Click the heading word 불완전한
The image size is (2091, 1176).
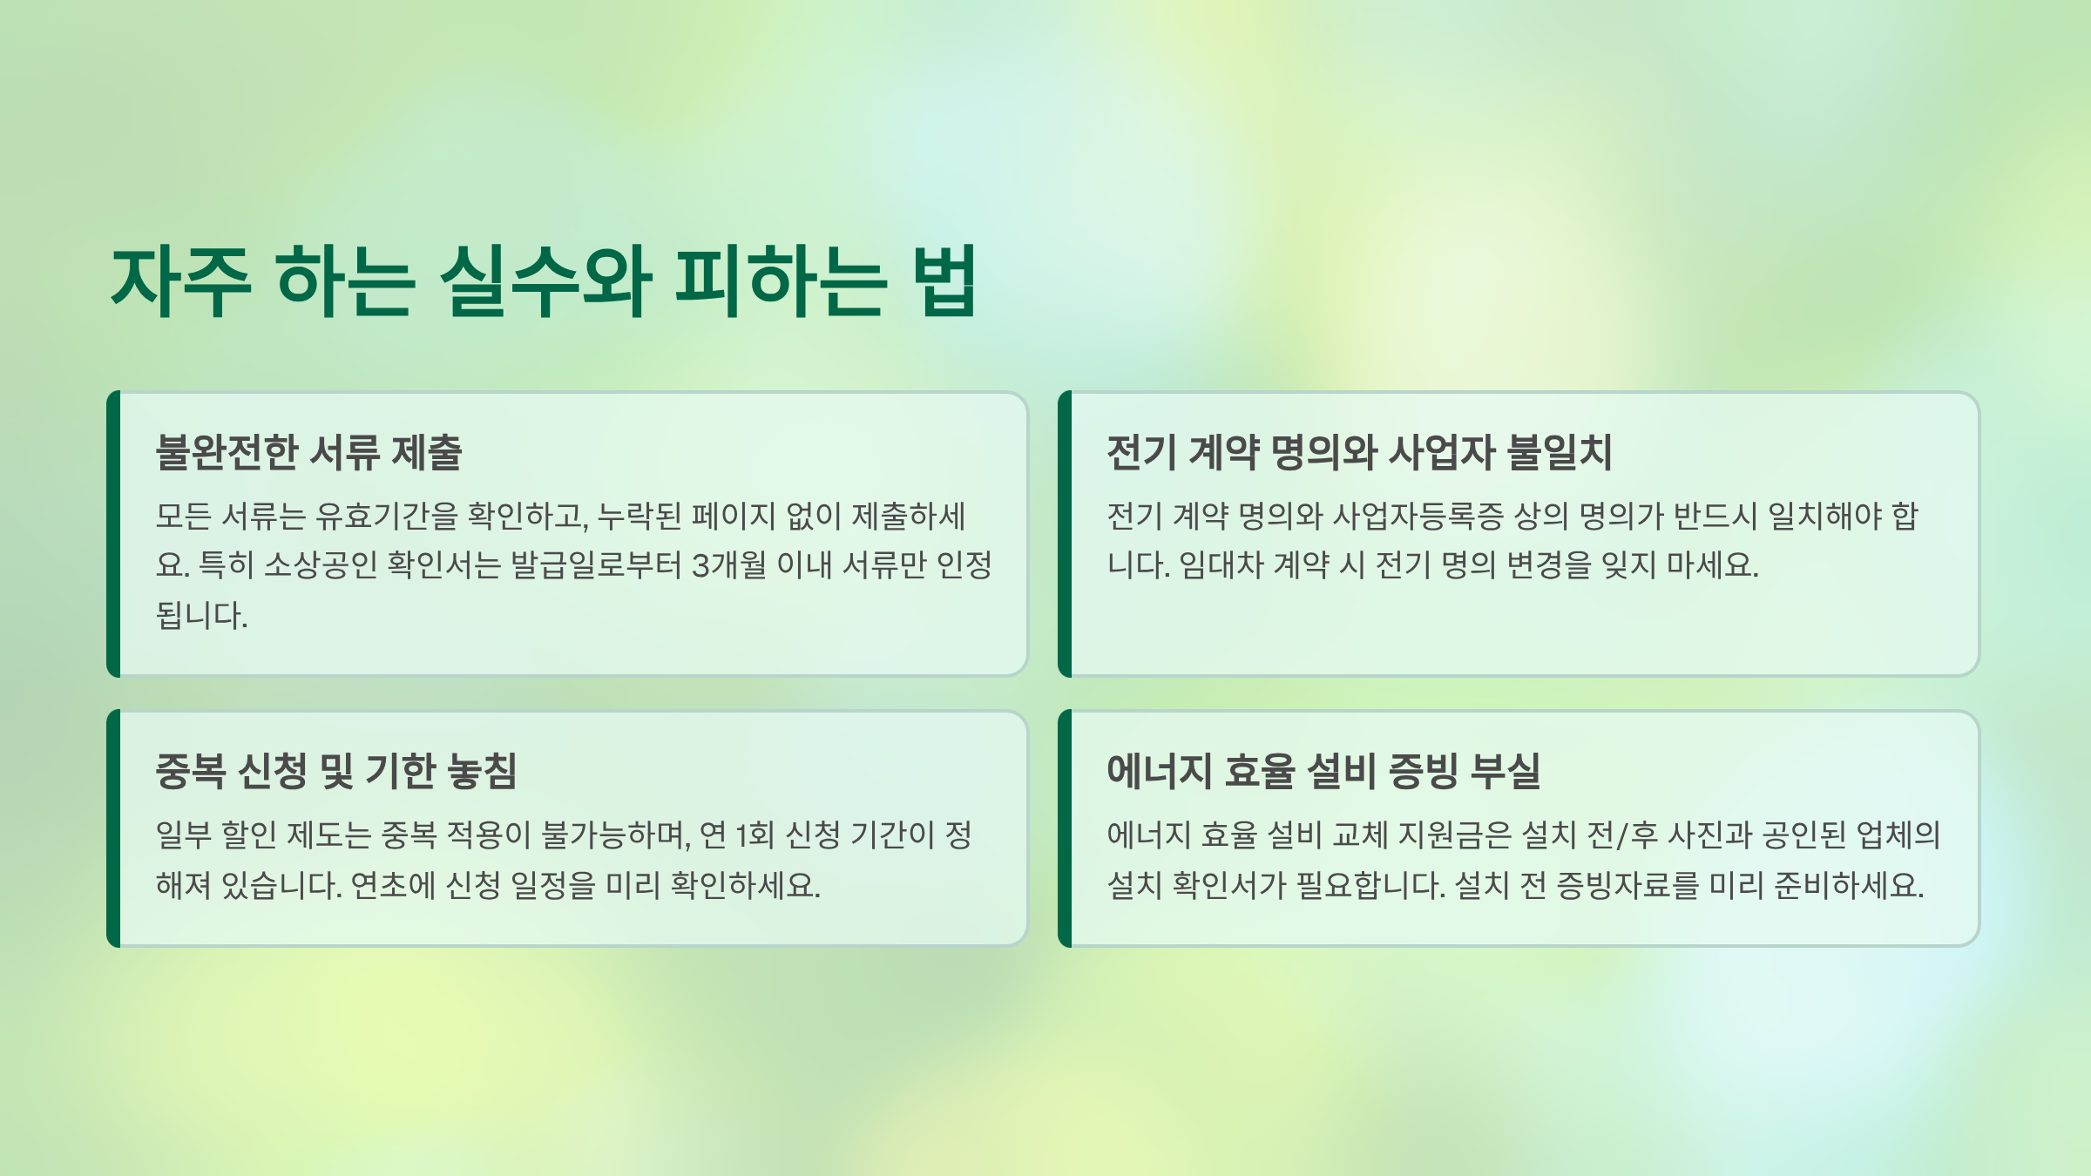(x=227, y=452)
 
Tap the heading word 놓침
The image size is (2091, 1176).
(x=482, y=771)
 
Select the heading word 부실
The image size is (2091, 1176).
(x=1505, y=771)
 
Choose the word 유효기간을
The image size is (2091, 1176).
(x=386, y=517)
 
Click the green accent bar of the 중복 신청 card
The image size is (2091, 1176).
(x=113, y=828)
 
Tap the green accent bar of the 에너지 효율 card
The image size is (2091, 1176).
(x=1065, y=828)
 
